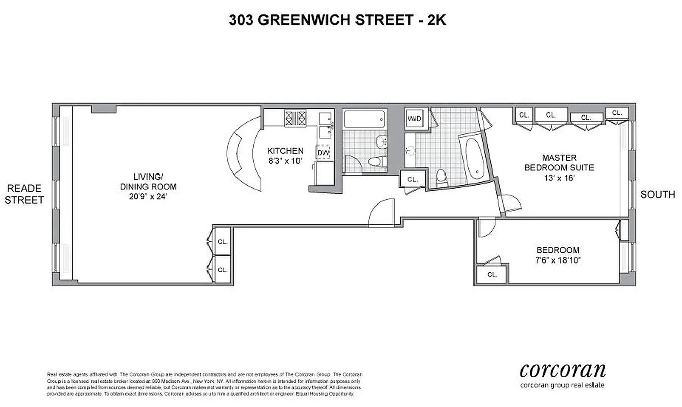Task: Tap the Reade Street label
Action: [x=24, y=194]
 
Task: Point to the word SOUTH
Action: [x=658, y=194]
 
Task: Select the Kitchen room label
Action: [x=285, y=151]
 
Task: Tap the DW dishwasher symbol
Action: [x=323, y=152]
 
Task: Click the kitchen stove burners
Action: [x=295, y=118]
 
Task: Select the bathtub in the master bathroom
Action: [x=473, y=156]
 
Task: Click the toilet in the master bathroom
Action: [x=442, y=176]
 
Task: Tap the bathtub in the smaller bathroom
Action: [x=364, y=120]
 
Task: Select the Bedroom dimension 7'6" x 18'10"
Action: [x=558, y=260]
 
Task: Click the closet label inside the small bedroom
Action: [x=491, y=274]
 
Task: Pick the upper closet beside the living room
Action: [x=223, y=242]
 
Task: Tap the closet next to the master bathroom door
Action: [x=412, y=179]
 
